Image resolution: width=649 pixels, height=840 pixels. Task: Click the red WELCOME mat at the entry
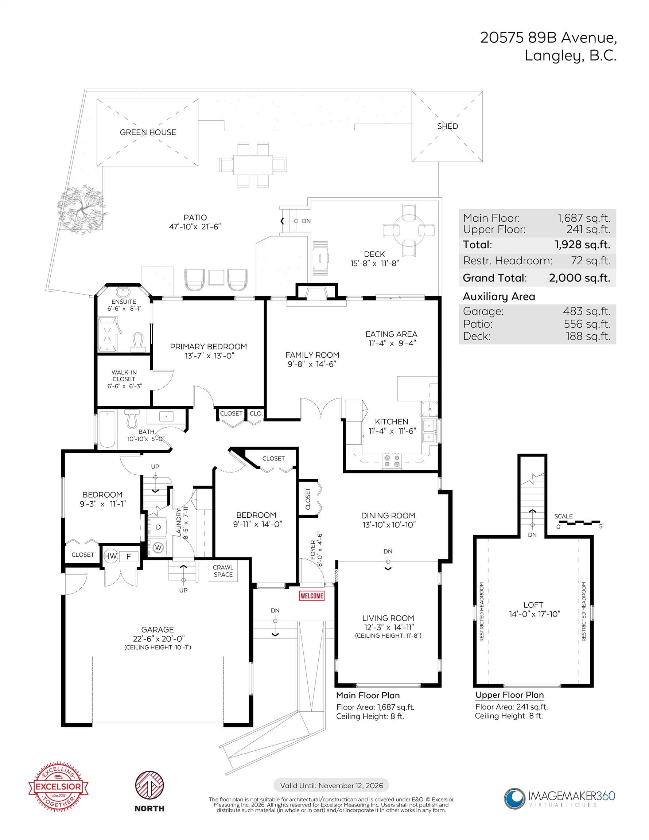[x=312, y=596]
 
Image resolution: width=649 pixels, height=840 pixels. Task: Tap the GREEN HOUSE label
[x=148, y=132]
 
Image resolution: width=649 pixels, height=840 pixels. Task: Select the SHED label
[x=447, y=126]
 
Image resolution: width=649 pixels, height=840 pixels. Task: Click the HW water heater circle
[x=110, y=556]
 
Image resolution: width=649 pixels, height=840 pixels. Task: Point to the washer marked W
[x=159, y=547]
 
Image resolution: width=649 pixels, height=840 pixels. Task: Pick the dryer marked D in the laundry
[x=158, y=527]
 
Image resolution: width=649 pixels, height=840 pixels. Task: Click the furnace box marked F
[x=128, y=556]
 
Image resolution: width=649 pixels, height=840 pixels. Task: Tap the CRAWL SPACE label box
[x=223, y=571]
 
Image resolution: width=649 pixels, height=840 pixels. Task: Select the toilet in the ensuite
[x=138, y=342]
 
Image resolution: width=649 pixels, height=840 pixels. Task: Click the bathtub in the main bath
[x=107, y=429]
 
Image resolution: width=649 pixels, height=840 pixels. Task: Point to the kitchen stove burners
[x=392, y=461]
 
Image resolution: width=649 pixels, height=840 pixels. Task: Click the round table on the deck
[x=409, y=230]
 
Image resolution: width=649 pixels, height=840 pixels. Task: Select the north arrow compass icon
[x=149, y=785]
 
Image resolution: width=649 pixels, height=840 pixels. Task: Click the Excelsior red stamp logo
[x=58, y=786]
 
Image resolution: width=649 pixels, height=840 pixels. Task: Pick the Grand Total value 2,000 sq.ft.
[x=579, y=278]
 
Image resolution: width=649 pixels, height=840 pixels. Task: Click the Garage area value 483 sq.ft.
[x=587, y=311]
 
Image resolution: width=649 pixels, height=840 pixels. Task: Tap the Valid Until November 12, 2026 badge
[x=331, y=785]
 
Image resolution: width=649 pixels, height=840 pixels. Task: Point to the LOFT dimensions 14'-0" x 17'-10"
[x=535, y=614]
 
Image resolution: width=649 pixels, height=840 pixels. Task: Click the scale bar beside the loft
[x=578, y=522]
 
